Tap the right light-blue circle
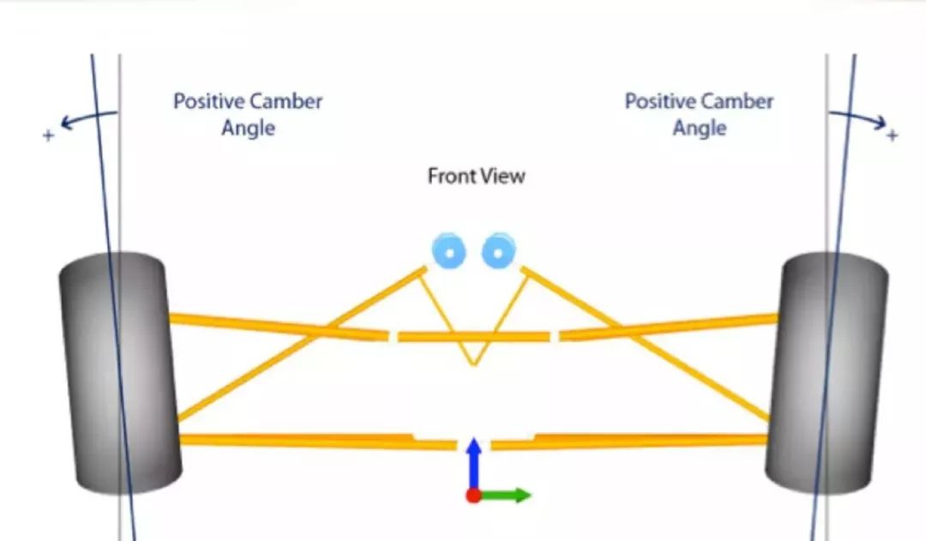tap(497, 251)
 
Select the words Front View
tap(476, 177)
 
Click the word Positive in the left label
tap(208, 101)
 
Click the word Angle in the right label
tap(700, 129)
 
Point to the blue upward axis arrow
tap(472, 463)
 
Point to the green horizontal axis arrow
tap(506, 496)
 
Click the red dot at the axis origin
tap(472, 496)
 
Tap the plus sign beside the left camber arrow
tap(48, 135)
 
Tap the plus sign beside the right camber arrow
tap(892, 135)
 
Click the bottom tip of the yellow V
tap(472, 364)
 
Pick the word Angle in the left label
tap(249, 129)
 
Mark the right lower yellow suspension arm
tap(634, 441)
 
